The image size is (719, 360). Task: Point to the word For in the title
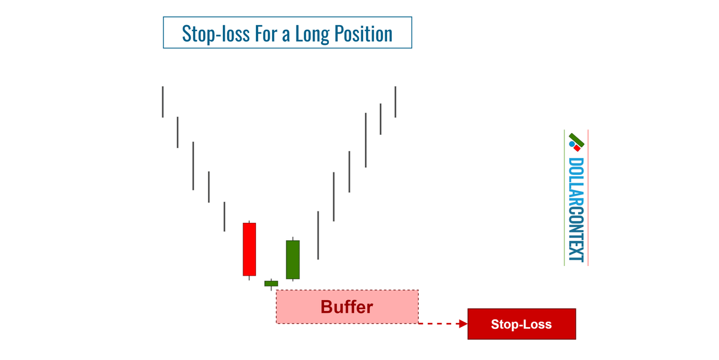261,34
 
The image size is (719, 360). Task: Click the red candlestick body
249,249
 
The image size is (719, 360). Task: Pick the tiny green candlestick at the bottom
271,283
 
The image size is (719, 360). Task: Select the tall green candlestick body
292,259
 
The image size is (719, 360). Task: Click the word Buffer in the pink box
346,307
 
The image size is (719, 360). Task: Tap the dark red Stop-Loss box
521,324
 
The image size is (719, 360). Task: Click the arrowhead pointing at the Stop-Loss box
463,323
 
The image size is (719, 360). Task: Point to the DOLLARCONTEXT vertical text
576,210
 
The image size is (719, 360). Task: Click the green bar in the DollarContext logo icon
577,140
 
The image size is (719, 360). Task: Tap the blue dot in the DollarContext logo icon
572,144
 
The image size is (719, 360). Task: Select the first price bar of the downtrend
162,102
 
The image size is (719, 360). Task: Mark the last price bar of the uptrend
395,102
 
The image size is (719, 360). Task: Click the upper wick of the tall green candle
292,238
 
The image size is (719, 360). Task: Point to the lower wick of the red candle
249,278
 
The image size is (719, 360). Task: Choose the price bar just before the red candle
224,216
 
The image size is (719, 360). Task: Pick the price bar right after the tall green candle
318,235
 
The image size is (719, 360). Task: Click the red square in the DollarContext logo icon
577,148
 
